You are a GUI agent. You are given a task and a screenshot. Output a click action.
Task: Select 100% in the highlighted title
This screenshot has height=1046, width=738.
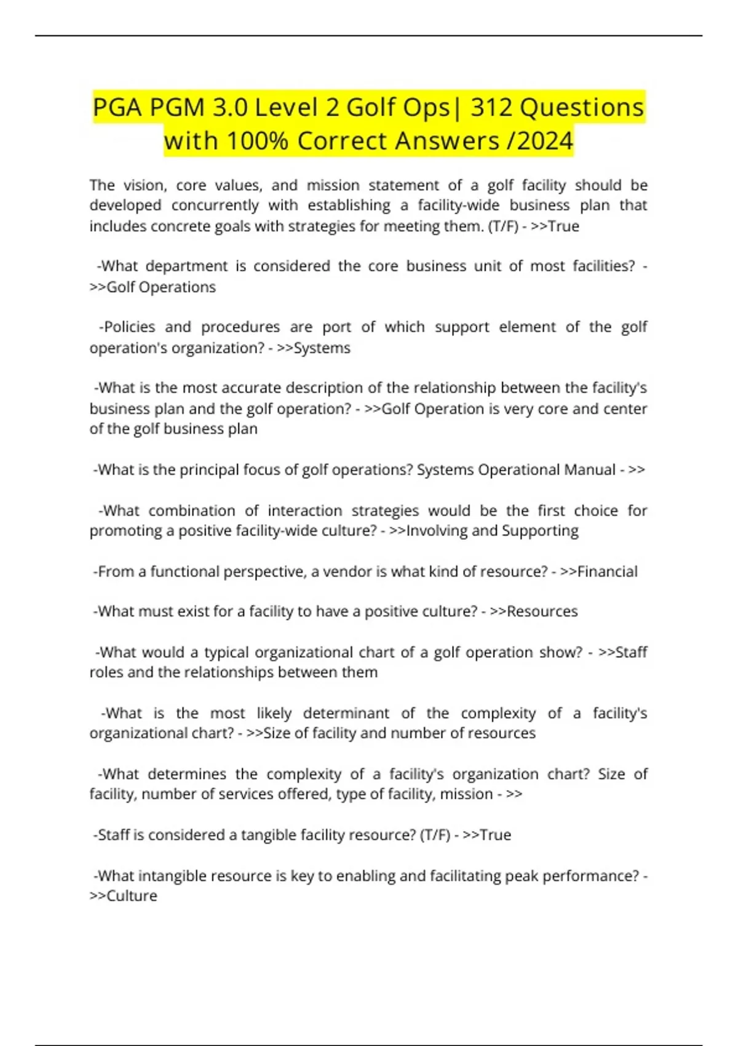tap(258, 141)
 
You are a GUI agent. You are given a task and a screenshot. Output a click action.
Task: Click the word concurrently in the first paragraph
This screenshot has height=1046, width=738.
tap(215, 206)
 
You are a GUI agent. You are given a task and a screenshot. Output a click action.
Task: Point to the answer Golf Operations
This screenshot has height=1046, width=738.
tap(161, 287)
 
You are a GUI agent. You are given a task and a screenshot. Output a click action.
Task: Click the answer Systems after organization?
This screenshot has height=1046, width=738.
tap(322, 348)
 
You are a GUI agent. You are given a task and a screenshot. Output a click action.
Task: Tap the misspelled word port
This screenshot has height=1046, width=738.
tap(337, 327)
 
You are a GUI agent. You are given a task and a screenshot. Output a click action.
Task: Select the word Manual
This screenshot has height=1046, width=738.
tap(587, 470)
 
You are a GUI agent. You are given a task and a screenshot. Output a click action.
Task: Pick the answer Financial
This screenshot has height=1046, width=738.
tap(608, 572)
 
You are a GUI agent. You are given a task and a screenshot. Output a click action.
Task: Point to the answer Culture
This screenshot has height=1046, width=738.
tap(132, 896)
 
